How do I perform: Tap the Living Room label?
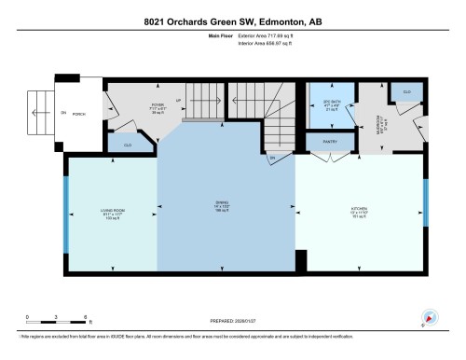[x=113, y=210]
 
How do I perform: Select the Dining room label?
[x=223, y=209]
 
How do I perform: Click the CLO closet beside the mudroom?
[x=405, y=91]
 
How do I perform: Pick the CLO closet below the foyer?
[x=127, y=144]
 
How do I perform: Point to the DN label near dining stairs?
[x=272, y=159]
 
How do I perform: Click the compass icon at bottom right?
[x=430, y=318]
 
